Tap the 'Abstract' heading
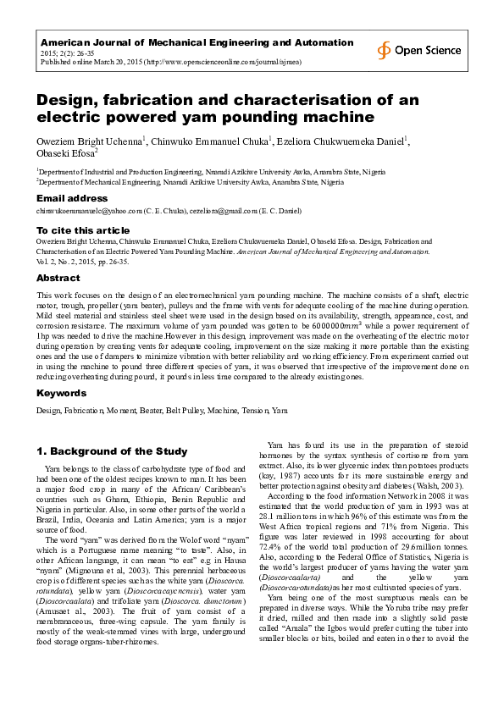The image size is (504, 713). pos(58,278)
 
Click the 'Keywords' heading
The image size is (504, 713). pos(61,394)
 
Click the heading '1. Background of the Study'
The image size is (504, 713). pos(111,450)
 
